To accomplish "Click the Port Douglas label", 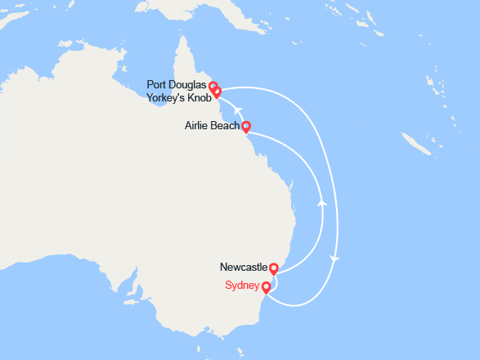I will pos(177,84).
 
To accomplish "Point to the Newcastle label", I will pos(244,267).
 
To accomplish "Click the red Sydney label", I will pos(242,286).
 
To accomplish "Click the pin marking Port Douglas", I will pos(213,86).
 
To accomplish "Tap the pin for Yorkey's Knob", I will pos(217,92).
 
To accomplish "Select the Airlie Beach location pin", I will pos(246,126).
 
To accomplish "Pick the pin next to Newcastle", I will pos(274,268).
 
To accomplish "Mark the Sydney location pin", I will pos(266,286).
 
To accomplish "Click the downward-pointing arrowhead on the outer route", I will pos(334,259).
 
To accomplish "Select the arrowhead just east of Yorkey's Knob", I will pos(237,108).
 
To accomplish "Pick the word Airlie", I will pos(199,126).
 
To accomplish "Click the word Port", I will pos(157,84).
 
